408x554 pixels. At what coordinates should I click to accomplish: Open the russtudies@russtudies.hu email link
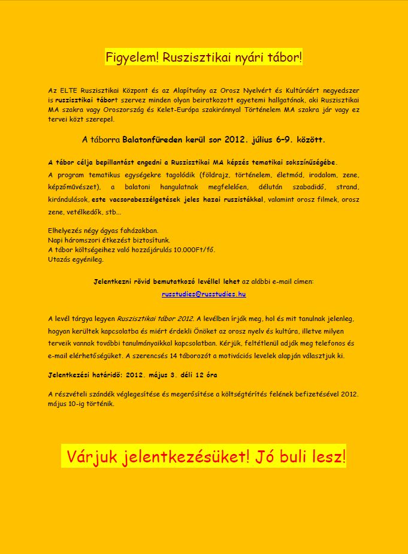[204, 295]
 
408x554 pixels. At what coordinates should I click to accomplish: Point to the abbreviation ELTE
[66, 90]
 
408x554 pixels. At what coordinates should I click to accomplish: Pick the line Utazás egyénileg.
[75, 259]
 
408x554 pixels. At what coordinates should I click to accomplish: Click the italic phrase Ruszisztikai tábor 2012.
[156, 318]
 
